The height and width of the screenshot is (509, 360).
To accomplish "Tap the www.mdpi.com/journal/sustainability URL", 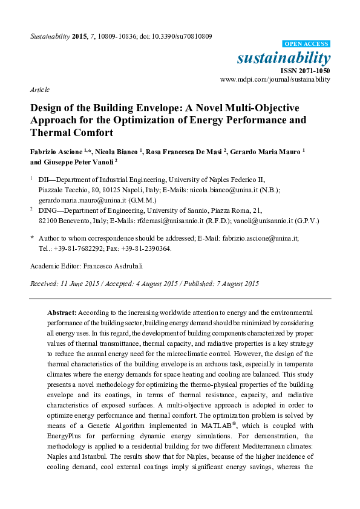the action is coord(275,79).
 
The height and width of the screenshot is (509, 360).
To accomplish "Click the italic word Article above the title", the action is coord(39,89).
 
